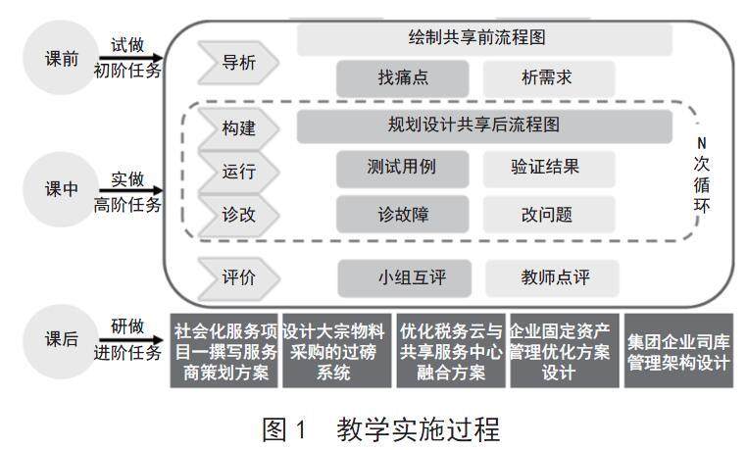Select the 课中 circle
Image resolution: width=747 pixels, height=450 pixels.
coord(61,190)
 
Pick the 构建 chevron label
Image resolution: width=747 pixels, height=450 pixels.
coord(238,127)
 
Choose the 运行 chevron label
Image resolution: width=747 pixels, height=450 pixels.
coord(238,171)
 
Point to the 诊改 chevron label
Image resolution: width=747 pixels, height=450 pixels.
coord(238,215)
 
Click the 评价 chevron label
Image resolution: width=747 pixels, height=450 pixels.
coord(238,277)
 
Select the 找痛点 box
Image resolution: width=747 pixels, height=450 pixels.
coord(403,77)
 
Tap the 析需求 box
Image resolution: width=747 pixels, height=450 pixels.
coord(548,77)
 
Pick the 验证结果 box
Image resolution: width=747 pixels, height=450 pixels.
coord(548,168)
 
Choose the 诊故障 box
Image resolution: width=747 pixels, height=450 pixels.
coord(403,215)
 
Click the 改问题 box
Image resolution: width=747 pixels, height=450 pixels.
coord(548,215)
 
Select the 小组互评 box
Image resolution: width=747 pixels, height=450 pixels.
coord(404,277)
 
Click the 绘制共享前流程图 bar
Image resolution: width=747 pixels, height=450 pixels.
coord(484,38)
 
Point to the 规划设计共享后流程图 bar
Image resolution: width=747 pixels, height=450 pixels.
coord(484,125)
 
